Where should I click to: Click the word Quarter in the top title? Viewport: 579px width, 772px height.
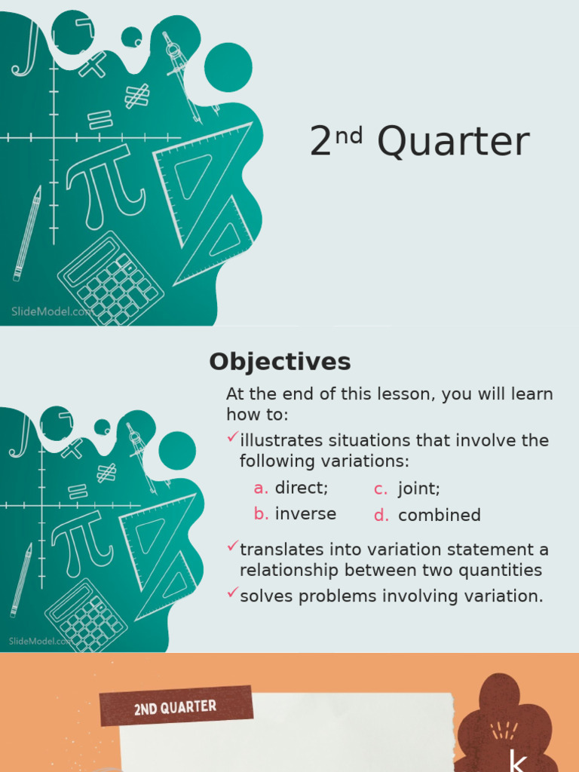click(x=453, y=141)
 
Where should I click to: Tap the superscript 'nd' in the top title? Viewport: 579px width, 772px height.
click(x=349, y=136)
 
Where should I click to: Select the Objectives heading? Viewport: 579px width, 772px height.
click(x=280, y=363)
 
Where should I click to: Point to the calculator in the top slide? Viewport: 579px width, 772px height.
click(x=110, y=279)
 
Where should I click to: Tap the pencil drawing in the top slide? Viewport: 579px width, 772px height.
click(x=27, y=234)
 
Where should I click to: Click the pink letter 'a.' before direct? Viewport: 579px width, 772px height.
click(x=261, y=489)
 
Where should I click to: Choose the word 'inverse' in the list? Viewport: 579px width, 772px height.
click(x=305, y=514)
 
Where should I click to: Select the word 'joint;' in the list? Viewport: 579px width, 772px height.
click(x=419, y=489)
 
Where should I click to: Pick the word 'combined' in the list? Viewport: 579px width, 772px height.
click(x=440, y=516)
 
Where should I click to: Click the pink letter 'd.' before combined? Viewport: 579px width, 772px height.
click(x=381, y=516)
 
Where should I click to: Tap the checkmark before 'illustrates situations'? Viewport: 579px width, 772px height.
click(x=233, y=437)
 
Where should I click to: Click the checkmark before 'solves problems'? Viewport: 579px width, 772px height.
click(x=233, y=593)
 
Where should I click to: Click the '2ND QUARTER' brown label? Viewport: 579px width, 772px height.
click(x=176, y=706)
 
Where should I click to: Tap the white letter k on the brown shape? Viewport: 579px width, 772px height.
click(x=516, y=760)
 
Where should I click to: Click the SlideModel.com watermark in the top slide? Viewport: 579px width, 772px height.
click(x=51, y=311)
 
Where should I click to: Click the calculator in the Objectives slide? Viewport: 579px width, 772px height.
click(x=86, y=615)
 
